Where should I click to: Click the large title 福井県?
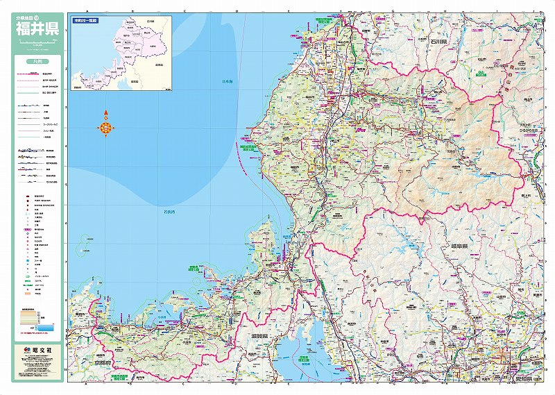tap(37, 31)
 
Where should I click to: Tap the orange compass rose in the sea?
tap(105, 126)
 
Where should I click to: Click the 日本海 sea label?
tap(227, 81)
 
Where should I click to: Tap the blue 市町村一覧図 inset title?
tap(85, 21)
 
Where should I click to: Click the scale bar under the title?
tap(37, 43)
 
